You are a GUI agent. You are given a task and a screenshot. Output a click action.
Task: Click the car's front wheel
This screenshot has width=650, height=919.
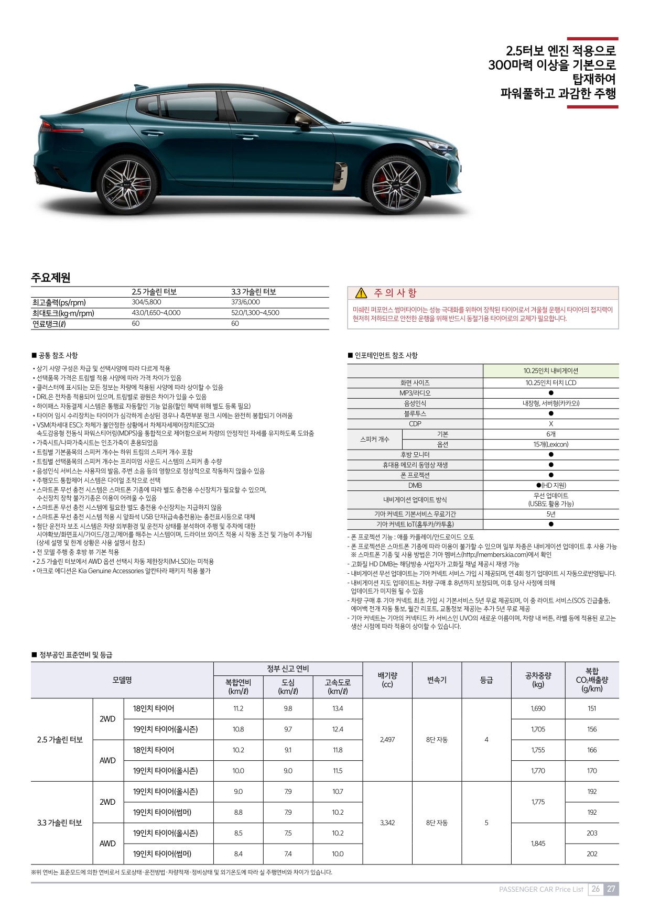(x=396, y=185)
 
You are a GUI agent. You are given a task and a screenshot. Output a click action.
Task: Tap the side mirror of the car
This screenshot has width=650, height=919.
(x=303, y=122)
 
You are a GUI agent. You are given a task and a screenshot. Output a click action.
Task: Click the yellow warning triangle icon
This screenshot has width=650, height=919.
(x=361, y=293)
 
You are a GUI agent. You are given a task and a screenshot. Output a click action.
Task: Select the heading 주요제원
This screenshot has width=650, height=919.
(x=51, y=278)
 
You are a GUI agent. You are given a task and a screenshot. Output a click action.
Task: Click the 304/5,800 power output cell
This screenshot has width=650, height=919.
(x=146, y=302)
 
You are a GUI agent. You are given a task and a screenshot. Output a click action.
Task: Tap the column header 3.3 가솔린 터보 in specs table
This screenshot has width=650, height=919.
(x=254, y=292)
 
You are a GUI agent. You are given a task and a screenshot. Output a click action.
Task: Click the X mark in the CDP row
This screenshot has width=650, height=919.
(x=550, y=424)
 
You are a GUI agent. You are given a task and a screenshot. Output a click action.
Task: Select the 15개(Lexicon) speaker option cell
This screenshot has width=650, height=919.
(x=550, y=444)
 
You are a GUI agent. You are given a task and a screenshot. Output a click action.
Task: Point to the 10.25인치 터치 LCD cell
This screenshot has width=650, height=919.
(x=550, y=383)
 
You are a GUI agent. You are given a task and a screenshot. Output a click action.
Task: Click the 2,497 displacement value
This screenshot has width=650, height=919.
(x=387, y=740)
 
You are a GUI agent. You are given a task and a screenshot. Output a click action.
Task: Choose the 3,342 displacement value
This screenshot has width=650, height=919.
(x=387, y=823)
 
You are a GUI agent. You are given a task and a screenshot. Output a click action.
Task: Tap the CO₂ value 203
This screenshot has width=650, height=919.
(x=592, y=833)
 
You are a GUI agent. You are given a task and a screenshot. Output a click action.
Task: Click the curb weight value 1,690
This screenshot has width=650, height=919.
(x=538, y=708)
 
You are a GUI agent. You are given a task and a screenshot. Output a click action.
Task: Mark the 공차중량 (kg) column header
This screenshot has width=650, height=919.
(x=538, y=680)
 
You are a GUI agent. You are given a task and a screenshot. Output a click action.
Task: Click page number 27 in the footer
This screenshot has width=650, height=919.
(x=611, y=889)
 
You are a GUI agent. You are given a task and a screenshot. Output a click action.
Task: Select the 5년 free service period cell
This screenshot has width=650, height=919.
(x=550, y=514)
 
